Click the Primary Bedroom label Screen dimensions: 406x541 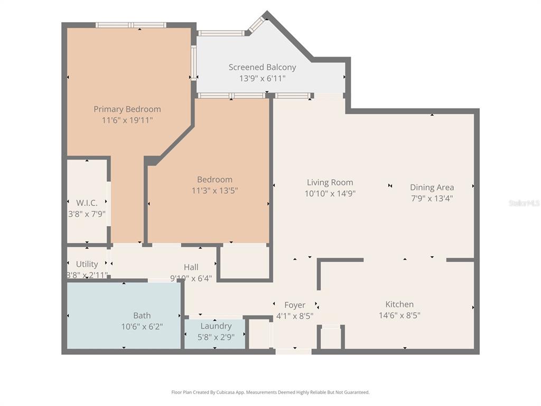127,109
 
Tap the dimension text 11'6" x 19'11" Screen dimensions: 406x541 127,120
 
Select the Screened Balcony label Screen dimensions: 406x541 262,67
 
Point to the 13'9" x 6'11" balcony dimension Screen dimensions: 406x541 262,78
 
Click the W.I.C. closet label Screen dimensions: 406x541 87,202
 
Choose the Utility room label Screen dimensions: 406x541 87,264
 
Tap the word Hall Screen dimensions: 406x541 191,267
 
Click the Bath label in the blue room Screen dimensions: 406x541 142,316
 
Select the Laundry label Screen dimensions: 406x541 216,326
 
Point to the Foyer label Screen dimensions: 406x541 295,305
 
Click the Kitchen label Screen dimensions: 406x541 399,304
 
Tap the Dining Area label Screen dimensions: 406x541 432,187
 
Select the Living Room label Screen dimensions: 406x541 330,182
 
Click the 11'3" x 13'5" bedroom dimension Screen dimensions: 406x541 214,190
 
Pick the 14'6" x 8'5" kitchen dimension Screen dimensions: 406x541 399,316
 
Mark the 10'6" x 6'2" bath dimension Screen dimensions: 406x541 142,327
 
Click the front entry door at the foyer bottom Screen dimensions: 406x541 293,351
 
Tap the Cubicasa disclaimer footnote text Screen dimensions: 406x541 270,392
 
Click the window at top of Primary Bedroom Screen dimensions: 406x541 131,25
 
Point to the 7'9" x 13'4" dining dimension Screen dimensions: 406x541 432,198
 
